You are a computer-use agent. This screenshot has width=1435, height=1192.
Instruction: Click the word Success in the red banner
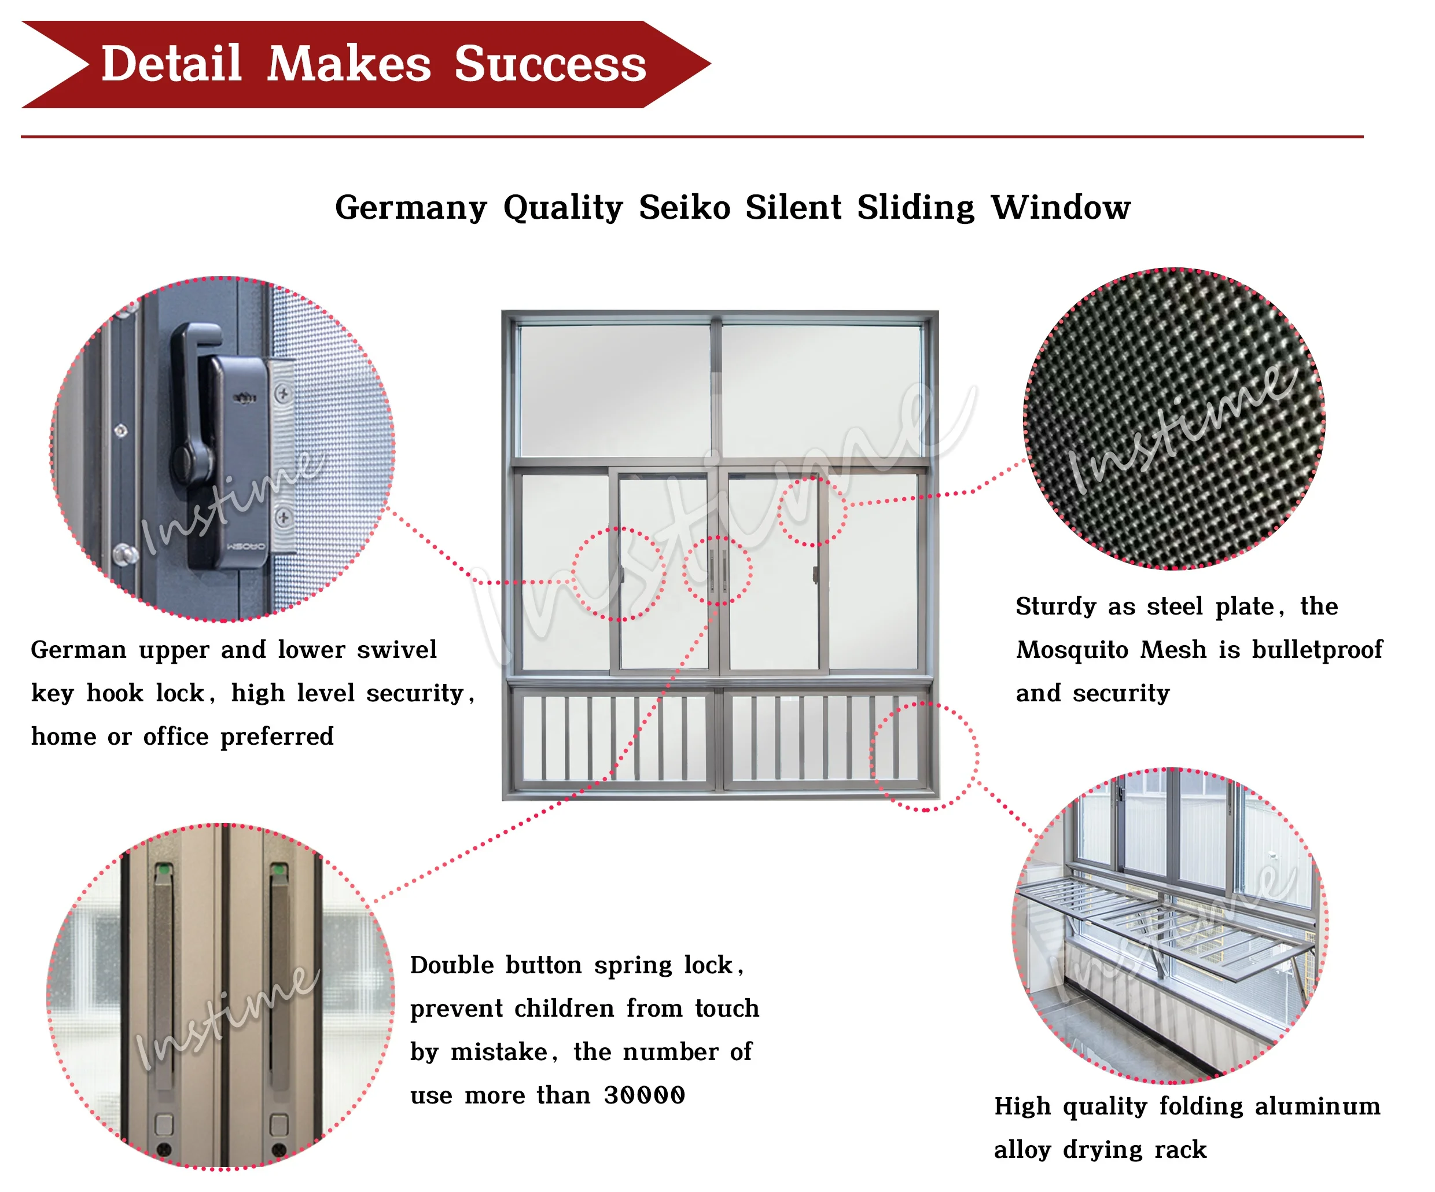pos(550,64)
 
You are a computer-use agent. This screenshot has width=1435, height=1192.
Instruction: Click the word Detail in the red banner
pos(171,64)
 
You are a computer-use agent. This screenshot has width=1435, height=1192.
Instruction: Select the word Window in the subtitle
pos(1061,207)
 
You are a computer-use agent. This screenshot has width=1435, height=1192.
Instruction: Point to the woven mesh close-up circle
pos(1174,418)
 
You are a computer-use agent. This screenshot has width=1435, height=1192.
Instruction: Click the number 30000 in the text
pos(643,1095)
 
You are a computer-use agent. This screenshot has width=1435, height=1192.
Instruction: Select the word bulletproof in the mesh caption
pos(1317,649)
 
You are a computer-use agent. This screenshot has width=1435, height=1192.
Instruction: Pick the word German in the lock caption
pos(79,649)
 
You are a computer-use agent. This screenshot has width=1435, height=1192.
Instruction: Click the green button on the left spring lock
pos(164,871)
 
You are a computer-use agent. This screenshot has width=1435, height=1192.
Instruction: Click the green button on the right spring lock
pos(279,870)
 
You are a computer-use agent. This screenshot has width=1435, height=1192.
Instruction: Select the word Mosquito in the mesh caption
pos(1071,649)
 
